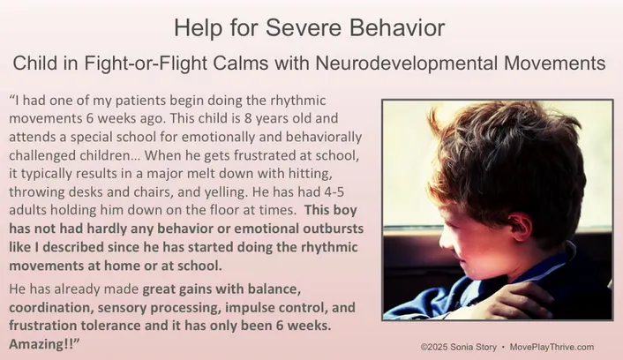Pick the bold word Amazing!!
coord(39,342)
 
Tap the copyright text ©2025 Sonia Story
coord(459,347)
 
